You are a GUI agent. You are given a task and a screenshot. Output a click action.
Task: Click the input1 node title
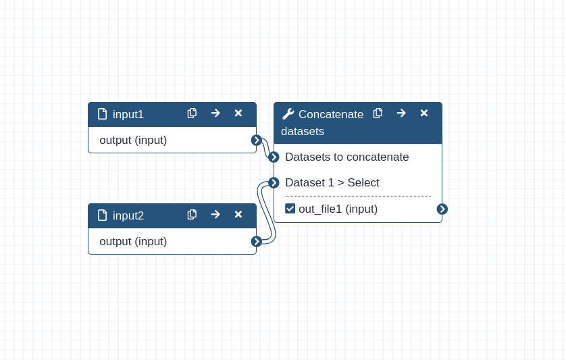(128, 114)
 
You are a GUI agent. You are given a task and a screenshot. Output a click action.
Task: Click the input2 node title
(128, 215)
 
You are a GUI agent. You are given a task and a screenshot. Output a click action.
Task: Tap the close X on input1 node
(238, 113)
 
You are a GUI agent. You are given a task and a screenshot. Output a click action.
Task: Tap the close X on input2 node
(238, 215)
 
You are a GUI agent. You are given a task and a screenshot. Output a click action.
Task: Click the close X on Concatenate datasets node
(424, 113)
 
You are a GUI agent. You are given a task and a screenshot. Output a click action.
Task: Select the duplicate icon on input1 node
(192, 113)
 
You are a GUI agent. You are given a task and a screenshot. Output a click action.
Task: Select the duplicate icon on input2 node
(192, 215)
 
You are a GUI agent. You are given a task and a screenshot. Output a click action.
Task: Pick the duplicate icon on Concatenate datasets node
(378, 113)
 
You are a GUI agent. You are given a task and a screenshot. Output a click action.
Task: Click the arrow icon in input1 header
(215, 113)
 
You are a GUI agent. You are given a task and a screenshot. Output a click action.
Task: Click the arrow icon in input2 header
(215, 215)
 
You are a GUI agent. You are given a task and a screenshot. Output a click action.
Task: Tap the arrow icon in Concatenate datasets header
(401, 113)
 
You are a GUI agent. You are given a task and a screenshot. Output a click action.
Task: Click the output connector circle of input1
(256, 140)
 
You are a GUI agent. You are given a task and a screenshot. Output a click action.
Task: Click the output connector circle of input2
(256, 241)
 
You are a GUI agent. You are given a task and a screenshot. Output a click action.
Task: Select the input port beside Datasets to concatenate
(274, 157)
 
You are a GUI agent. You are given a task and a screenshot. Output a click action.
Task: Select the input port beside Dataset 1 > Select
(274, 183)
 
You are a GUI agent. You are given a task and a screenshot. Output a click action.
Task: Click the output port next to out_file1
(442, 209)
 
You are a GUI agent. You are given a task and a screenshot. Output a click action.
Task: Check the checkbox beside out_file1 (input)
(290, 209)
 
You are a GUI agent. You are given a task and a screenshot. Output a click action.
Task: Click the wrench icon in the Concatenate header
(288, 114)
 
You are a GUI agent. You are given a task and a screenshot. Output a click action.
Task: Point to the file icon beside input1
(103, 114)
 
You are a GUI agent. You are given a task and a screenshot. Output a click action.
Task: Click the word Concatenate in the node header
(331, 114)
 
